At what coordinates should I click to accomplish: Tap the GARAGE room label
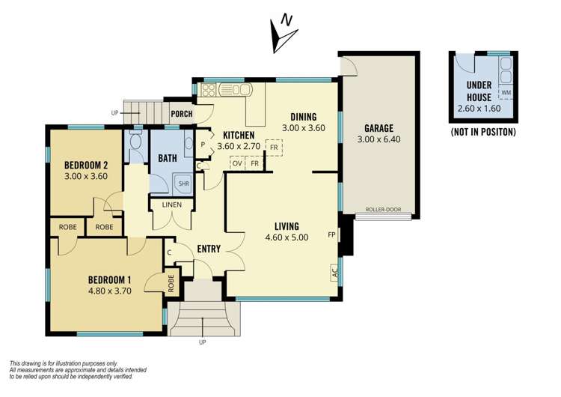(x=379, y=128)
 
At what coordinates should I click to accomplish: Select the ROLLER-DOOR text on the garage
(x=383, y=210)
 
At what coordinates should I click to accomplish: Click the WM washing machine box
(x=506, y=93)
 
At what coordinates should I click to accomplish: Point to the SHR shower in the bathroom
(x=183, y=184)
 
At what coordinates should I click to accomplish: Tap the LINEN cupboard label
(x=172, y=205)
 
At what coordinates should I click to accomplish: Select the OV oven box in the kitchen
(x=237, y=164)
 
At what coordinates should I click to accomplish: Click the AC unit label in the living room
(x=335, y=273)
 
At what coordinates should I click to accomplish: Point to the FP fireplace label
(x=331, y=235)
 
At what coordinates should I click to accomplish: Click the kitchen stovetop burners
(x=209, y=90)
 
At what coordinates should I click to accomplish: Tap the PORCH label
(x=182, y=114)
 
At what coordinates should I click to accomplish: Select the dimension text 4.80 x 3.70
(x=110, y=291)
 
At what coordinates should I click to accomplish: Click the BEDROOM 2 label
(x=86, y=166)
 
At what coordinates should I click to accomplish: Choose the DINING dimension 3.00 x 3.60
(x=304, y=128)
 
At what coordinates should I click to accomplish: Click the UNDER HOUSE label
(x=479, y=91)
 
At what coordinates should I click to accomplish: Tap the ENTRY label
(x=209, y=249)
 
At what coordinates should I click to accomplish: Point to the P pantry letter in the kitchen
(x=203, y=145)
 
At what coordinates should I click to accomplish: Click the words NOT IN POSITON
(x=483, y=133)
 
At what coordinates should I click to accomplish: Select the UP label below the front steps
(x=203, y=342)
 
